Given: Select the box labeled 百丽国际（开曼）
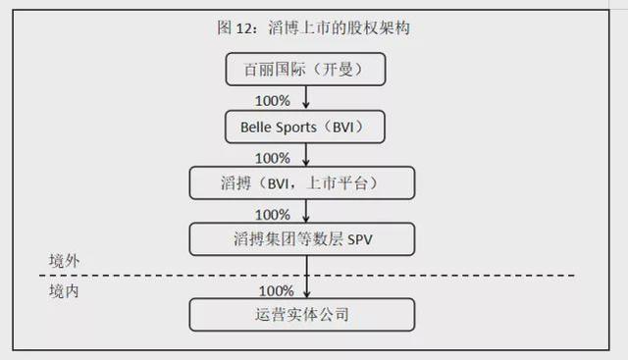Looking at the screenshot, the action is (x=305, y=70).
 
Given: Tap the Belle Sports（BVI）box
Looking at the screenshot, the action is (x=305, y=127).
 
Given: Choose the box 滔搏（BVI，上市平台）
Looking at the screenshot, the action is (x=302, y=183).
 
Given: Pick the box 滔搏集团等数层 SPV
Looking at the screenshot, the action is (x=302, y=239).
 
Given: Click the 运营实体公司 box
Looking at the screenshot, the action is (x=302, y=315).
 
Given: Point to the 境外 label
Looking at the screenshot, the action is (x=64, y=261).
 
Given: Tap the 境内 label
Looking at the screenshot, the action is (x=64, y=291).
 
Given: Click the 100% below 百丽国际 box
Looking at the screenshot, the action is (x=273, y=101).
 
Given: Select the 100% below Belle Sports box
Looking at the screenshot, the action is (x=273, y=158).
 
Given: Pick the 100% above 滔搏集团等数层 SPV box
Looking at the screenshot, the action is (x=273, y=215).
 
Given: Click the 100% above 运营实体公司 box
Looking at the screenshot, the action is (x=277, y=291).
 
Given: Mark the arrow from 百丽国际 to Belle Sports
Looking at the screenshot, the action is (x=306, y=97).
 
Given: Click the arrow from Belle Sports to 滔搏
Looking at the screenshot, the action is (x=306, y=155).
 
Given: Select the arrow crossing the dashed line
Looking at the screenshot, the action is (x=307, y=277).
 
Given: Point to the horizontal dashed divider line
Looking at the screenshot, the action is (x=307, y=276).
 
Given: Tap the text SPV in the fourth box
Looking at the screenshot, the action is (x=360, y=240).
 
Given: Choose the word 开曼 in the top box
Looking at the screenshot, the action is (x=338, y=70).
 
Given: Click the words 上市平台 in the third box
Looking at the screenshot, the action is (x=337, y=183).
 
